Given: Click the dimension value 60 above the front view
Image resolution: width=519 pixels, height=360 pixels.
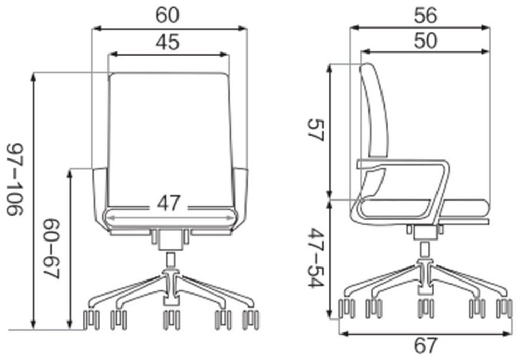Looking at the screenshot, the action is click(168, 15).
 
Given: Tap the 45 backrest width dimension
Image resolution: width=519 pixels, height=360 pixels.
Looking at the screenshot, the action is click(168, 42).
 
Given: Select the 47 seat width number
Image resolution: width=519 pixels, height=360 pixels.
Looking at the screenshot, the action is click(169, 203).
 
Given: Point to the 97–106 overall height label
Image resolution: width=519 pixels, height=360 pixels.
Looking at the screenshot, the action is click(15, 179).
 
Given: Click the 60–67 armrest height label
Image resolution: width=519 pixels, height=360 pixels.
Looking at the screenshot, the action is click(51, 248).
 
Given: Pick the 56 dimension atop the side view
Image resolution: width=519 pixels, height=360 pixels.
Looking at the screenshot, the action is click(426, 15).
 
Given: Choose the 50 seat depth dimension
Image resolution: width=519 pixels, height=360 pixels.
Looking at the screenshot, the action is click(426, 41).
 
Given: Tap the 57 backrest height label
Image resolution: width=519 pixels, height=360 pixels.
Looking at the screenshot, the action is click(316, 130).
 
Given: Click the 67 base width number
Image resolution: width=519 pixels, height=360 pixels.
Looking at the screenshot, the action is click(426, 345).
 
